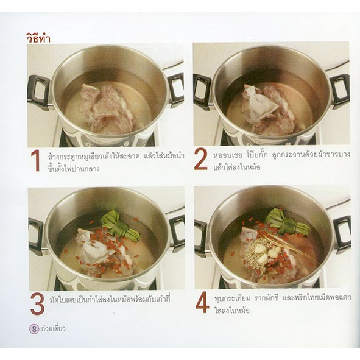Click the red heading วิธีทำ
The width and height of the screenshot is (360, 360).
click(x=38, y=39)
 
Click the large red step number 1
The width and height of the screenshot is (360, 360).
click(x=35, y=161)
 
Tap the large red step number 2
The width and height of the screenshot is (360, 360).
click(x=200, y=160)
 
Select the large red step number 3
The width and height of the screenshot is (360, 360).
click(x=37, y=303)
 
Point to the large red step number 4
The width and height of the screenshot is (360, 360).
click(x=202, y=304)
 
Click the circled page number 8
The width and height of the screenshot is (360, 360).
click(x=34, y=330)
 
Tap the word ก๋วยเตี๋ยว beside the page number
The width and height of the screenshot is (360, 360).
click(x=53, y=328)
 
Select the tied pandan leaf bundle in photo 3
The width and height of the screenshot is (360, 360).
click(x=121, y=226)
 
